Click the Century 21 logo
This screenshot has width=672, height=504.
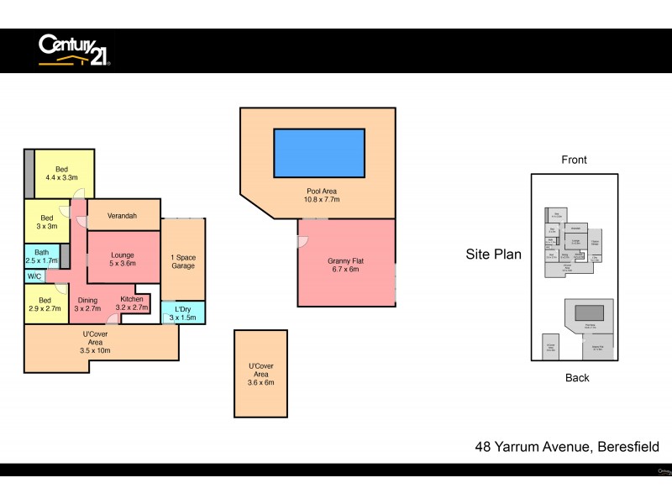point(74,50)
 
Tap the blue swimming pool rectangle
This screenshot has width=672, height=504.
point(319,152)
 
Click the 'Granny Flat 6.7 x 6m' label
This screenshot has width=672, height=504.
point(345,266)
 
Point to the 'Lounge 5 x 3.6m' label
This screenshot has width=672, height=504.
point(122,259)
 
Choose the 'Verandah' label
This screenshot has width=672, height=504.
point(123,216)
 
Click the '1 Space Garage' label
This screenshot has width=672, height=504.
point(183,261)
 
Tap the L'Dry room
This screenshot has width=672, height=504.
point(183,312)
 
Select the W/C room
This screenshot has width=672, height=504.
point(35,276)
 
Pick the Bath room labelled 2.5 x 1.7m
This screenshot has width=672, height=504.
point(41,256)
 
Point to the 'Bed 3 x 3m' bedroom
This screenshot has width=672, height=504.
point(47,222)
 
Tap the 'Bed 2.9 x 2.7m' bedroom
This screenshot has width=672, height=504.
point(45,304)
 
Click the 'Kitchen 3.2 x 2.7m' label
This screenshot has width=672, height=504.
point(133,303)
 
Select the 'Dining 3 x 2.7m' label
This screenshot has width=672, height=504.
point(87,304)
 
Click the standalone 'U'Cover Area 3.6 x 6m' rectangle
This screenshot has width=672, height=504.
point(260,373)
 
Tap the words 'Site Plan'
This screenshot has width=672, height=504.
point(493,254)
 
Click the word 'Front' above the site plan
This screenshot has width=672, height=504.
point(574,160)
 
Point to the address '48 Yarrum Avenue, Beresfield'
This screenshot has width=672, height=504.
point(567,447)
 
